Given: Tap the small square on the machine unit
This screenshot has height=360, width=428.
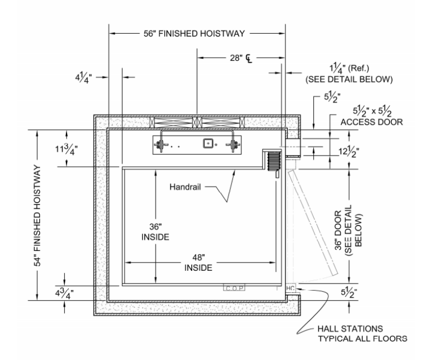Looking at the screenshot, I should pyautogui.click(x=208, y=143).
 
